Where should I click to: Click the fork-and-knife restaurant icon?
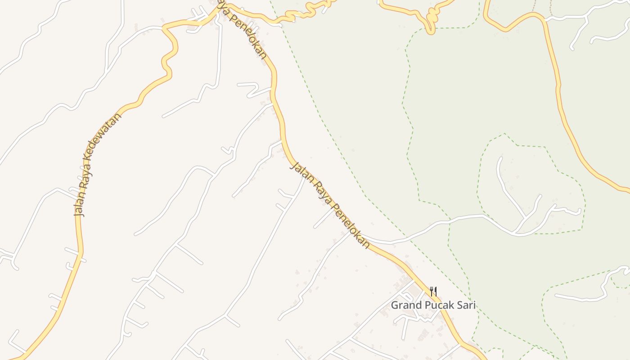tap(433, 291)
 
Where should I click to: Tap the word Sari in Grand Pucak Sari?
tap(466, 305)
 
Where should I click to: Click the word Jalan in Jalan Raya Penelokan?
tap(300, 171)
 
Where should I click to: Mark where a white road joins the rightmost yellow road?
tap(545, 20)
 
